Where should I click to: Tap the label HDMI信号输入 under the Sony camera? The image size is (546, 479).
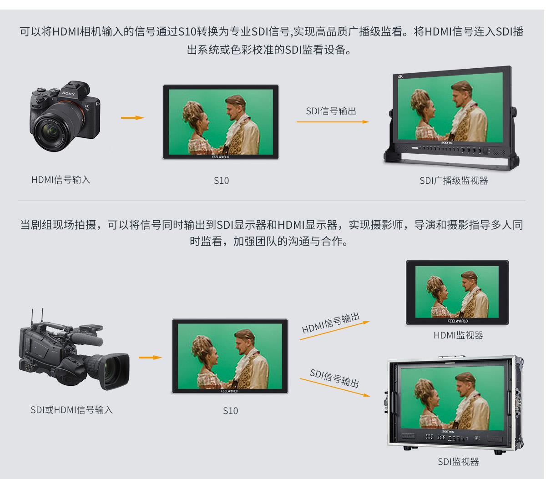coord(61,180)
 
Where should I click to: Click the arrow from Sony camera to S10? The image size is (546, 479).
coord(132,118)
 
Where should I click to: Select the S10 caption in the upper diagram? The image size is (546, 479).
coord(221,181)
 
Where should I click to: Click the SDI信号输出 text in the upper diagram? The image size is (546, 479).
coord(331,111)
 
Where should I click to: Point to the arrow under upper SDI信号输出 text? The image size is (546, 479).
coord(333,122)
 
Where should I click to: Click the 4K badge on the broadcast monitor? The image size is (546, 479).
coord(400,76)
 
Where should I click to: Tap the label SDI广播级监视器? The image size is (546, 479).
coord(454,181)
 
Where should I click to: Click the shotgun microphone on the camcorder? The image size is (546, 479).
coord(86,339)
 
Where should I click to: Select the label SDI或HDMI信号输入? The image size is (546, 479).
coord(72,410)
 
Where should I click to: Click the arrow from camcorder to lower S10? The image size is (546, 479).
coord(150,358)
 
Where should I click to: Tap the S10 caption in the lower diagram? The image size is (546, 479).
coord(230,411)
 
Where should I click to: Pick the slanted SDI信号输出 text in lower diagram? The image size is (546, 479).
coord(334,378)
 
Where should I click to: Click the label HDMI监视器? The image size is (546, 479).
coord(458,336)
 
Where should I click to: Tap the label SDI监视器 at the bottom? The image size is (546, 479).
coord(458,462)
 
